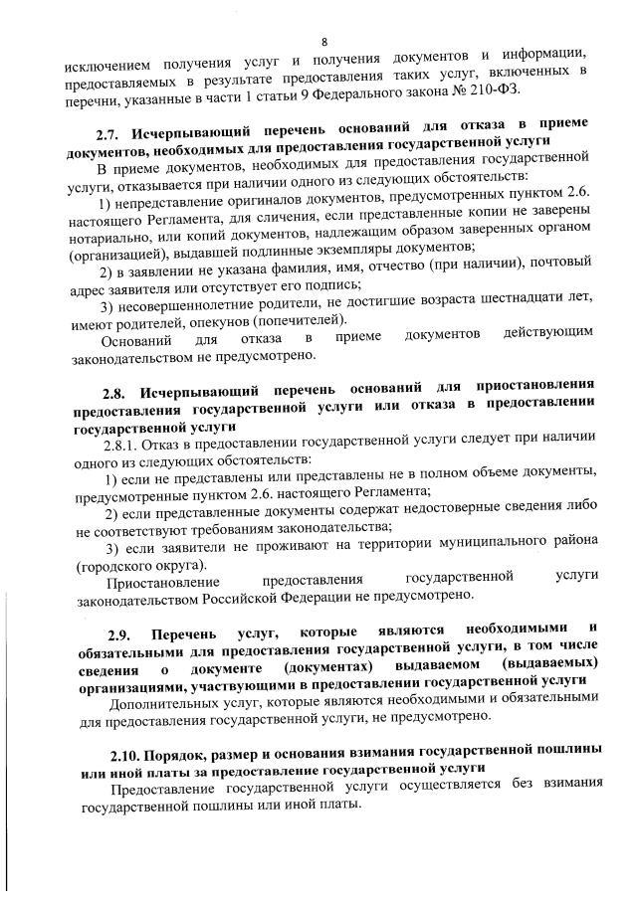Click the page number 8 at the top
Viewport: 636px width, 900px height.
pos(324,40)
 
